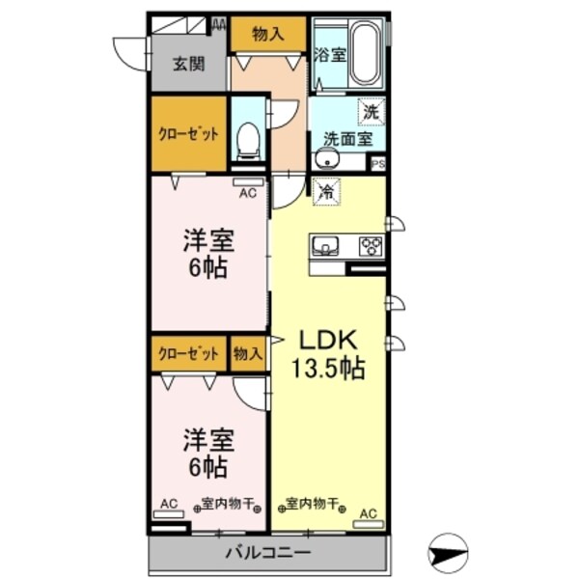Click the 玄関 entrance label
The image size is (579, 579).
[189, 65]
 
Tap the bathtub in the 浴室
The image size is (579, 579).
[364, 53]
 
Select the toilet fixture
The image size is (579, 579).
[248, 141]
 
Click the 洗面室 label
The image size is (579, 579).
[347, 138]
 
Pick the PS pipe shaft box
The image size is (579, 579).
[378, 164]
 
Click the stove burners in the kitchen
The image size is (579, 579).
[371, 244]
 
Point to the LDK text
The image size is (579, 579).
[327, 340]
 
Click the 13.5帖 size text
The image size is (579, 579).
[328, 369]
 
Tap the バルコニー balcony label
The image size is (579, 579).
[267, 553]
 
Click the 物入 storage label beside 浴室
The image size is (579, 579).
[267, 34]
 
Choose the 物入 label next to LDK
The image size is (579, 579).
[247, 353]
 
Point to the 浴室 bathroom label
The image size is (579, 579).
[329, 55]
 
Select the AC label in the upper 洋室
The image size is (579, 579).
[248, 191]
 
